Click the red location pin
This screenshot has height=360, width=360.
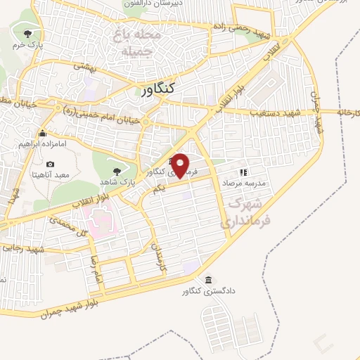pyautogui.click(x=181, y=164)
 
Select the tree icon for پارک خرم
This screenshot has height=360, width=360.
pyautogui.click(x=27, y=33)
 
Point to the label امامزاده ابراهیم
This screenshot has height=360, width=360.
pyautogui.click(x=43, y=143)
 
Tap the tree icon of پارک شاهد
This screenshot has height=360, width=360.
pyautogui.click(x=116, y=171)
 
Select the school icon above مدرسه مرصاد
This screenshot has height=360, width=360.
pyautogui.click(x=243, y=171)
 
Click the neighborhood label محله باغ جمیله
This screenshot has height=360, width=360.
pyautogui.click(x=141, y=42)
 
